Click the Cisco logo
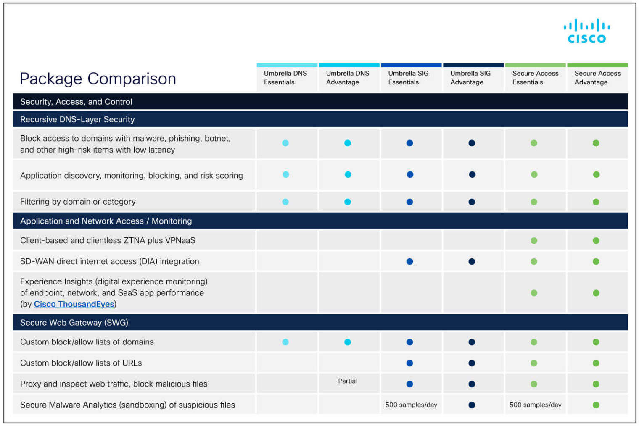pyautogui.click(x=586, y=32)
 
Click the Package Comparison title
pyautogui.click(x=98, y=79)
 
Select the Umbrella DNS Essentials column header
pyautogui.click(x=285, y=78)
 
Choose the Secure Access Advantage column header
pyautogui.click(x=597, y=78)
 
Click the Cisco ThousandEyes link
pyautogui.click(x=74, y=304)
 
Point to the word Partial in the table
pyautogui.click(x=347, y=381)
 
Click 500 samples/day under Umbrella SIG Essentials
pyautogui.click(x=411, y=405)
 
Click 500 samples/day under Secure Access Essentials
pyautogui.click(x=535, y=405)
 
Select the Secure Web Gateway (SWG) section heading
pyautogui.click(x=74, y=323)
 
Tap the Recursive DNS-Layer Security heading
pyautogui.click(x=77, y=119)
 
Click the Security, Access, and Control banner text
pyautogui.click(x=76, y=102)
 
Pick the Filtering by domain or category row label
pyautogui.click(x=78, y=202)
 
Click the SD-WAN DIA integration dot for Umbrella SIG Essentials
pyautogui.click(x=409, y=262)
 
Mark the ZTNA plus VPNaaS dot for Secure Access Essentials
pyautogui.click(x=534, y=241)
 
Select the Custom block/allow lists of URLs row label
pyautogui.click(x=81, y=363)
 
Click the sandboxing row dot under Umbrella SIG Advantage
pyautogui.click(x=472, y=405)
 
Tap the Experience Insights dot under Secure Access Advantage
pyautogui.click(x=596, y=293)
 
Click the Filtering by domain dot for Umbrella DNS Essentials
pyautogui.click(x=285, y=202)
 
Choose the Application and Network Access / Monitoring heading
pyautogui.click(x=106, y=221)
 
